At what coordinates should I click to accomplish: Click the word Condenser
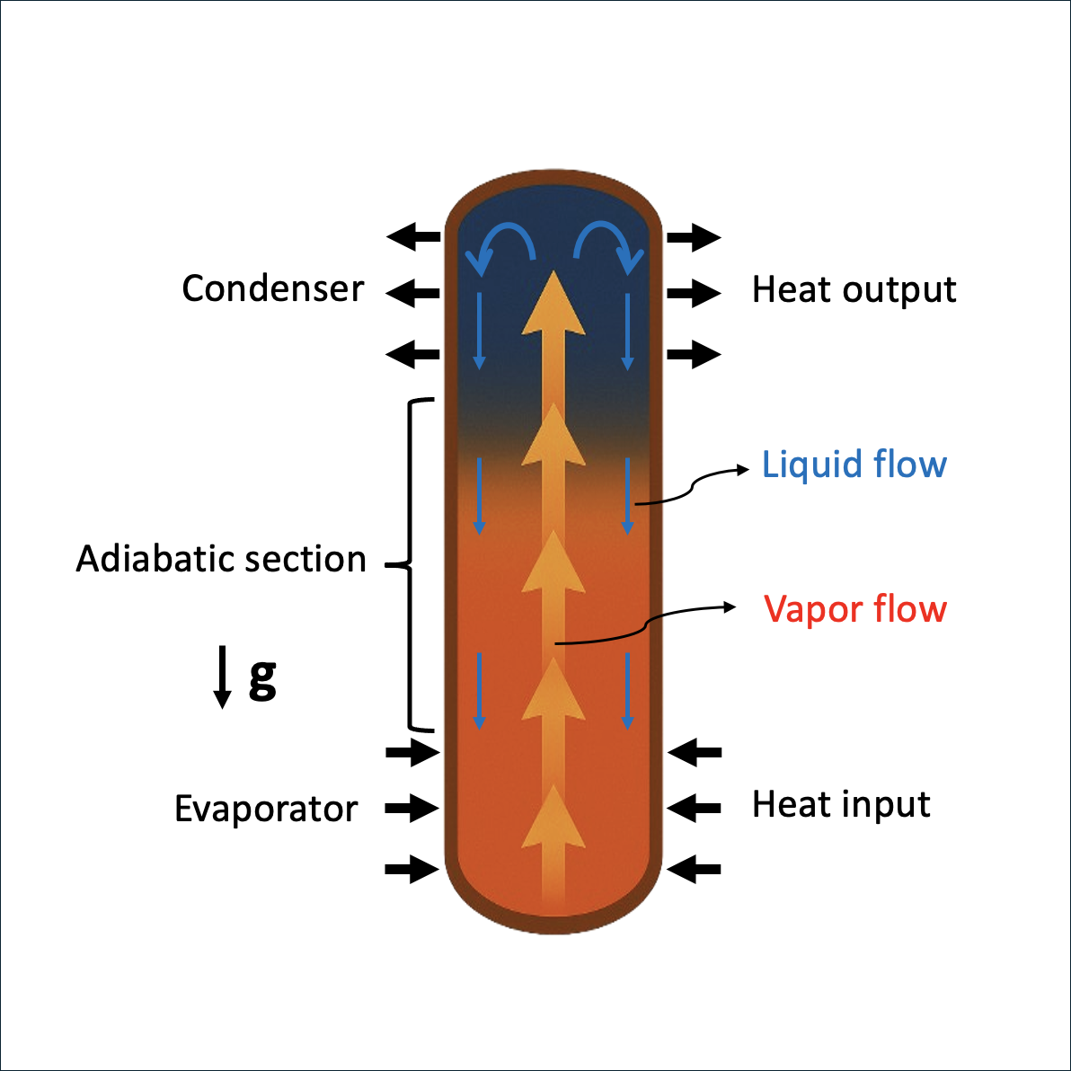click(272, 288)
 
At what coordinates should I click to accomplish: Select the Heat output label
click(854, 289)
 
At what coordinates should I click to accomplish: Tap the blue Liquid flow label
click(854, 465)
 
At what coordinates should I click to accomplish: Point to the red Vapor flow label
click(855, 608)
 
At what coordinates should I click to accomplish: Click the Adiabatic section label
click(221, 559)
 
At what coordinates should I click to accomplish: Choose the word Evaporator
click(266, 810)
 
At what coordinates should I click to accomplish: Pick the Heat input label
click(841, 804)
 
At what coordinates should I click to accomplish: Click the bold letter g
click(263, 679)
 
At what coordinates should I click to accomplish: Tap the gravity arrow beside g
click(222, 677)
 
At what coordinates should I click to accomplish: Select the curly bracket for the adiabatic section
click(410, 565)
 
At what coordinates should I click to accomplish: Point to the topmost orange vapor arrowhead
click(553, 303)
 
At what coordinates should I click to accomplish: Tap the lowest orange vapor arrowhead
click(553, 817)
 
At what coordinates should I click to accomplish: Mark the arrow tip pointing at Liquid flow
click(748, 469)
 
